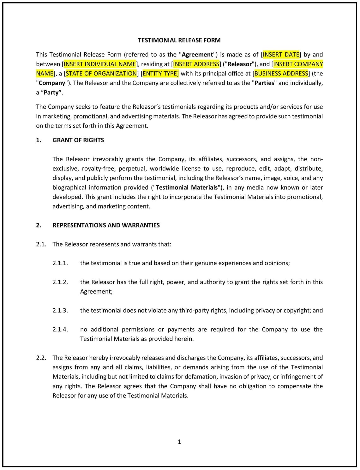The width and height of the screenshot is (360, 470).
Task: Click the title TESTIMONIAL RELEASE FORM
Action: pos(179,40)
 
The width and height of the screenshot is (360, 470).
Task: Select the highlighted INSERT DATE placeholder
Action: pos(281,54)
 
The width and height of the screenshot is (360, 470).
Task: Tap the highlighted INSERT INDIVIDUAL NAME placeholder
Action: pos(100,64)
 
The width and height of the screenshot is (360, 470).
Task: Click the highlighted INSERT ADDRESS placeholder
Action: pos(196,64)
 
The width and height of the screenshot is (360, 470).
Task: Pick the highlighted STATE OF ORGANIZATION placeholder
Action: pos(101,73)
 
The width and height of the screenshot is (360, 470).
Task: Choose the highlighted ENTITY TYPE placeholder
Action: pos(160,73)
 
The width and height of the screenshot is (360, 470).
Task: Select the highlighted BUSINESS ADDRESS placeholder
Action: pos(281,73)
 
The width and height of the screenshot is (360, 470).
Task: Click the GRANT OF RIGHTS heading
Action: pos(78,140)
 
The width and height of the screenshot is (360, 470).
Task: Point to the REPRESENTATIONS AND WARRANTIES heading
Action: pos(106,225)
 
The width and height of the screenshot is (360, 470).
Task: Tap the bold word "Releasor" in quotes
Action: pos(240,64)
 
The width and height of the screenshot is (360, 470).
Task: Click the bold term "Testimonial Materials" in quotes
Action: pos(187,187)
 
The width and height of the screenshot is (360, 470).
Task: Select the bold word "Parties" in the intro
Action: pos(264,83)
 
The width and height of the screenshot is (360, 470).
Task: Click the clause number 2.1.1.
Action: pos(60,263)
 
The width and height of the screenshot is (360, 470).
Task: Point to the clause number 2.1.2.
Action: pos(60,282)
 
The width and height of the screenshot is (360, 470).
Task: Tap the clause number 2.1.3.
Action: pos(60,310)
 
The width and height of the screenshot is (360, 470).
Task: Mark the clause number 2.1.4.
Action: pos(60,329)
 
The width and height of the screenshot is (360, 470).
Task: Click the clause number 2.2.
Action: pos(41,358)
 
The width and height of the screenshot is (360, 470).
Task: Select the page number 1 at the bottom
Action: pos(179,442)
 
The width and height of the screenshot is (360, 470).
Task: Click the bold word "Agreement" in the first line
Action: pos(197,54)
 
